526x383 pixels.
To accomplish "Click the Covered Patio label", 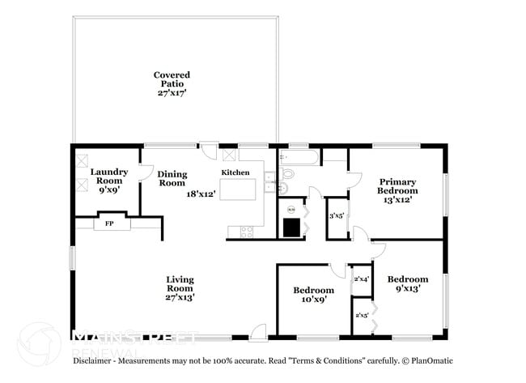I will click(x=172, y=83).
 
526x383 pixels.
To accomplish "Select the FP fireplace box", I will click(x=108, y=223).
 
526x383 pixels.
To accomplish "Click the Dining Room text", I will click(x=172, y=178).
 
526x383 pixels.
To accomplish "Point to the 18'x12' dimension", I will click(x=201, y=194).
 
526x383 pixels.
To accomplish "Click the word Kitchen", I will click(x=236, y=172).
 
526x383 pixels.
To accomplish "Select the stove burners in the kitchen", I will click(x=245, y=232).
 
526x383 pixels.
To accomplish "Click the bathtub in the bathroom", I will click(x=299, y=158).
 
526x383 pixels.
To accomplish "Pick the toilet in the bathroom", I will click(x=288, y=173).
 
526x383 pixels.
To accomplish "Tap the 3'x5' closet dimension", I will click(x=337, y=216).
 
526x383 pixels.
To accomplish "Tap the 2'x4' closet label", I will click(x=361, y=279).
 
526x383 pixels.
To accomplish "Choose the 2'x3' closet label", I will click(x=361, y=315).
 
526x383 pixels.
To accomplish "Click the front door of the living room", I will click(x=258, y=332).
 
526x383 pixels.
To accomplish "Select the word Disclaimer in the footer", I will click(x=95, y=360).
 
